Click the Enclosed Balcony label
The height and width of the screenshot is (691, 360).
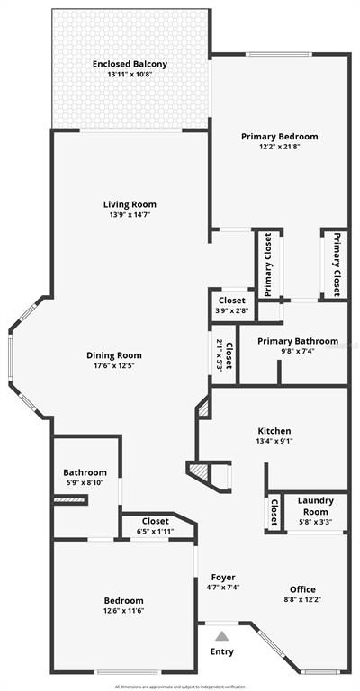tap(130, 64)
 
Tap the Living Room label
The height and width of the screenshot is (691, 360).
tap(130, 204)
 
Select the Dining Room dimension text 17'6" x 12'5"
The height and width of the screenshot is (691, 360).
tap(118, 366)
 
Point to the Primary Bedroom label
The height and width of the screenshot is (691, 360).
tap(279, 137)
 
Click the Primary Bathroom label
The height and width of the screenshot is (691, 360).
tap(298, 341)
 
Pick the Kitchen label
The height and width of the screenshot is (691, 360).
tap(273, 431)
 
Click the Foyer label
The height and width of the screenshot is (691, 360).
tap(222, 577)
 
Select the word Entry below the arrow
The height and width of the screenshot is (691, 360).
tap(221, 651)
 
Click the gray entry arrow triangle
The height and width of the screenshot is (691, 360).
tap(221, 634)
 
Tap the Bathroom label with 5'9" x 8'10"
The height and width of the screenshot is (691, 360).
tap(85, 472)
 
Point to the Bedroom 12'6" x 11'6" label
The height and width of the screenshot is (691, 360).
tap(123, 600)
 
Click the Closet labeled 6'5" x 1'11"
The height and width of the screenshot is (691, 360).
tap(156, 521)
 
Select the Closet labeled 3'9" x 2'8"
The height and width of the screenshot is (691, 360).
tap(232, 301)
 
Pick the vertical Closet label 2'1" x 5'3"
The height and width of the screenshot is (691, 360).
tap(229, 355)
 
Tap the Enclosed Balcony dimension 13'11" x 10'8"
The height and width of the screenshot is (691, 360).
tap(130, 75)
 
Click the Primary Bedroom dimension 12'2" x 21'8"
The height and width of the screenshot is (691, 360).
tap(279, 148)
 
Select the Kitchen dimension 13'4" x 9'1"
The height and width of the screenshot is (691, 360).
tap(273, 442)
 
